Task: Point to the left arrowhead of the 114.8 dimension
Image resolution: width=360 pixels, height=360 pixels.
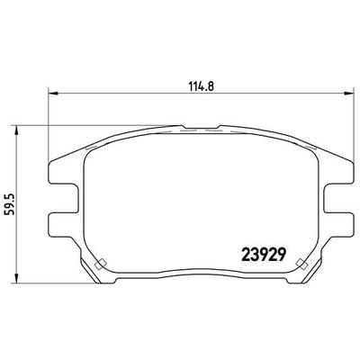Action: coord(49,92)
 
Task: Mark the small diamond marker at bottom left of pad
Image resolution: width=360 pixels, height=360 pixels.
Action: coord(102,263)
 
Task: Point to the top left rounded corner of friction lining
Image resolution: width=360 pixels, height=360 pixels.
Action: coord(93,149)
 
